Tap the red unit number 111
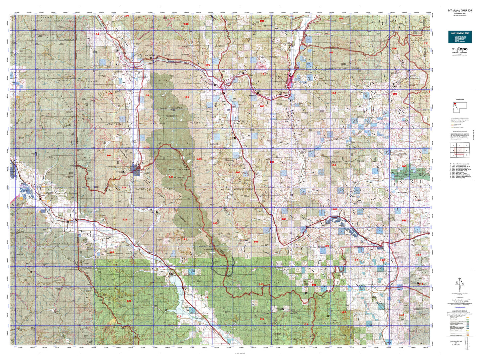[426, 44]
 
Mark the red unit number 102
[340, 19]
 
